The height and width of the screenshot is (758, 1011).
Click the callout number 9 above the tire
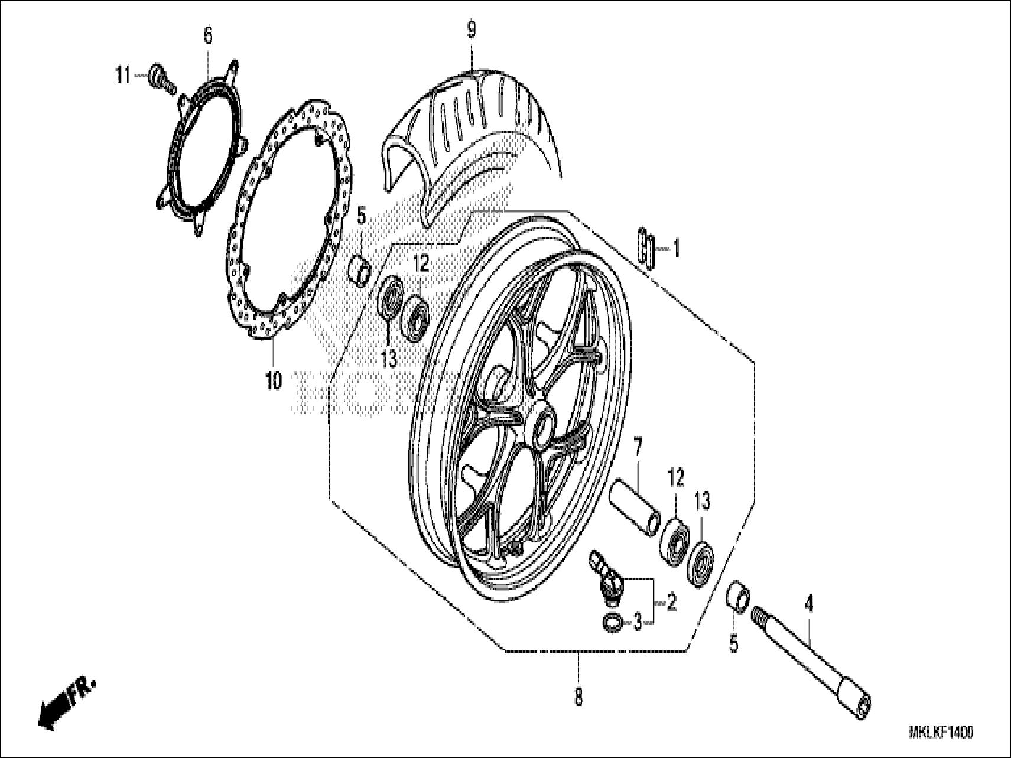pyautogui.click(x=471, y=30)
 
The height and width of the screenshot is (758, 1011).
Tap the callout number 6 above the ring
pyautogui.click(x=207, y=36)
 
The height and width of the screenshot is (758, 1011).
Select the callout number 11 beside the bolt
pyautogui.click(x=123, y=76)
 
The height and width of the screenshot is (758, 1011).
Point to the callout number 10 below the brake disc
pyautogui.click(x=274, y=381)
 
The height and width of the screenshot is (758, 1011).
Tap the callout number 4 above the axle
pyautogui.click(x=809, y=604)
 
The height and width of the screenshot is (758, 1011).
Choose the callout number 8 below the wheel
pyautogui.click(x=578, y=697)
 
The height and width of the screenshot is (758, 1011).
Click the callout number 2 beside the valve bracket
pyautogui.click(x=671, y=603)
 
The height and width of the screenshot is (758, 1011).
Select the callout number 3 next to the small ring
pyautogui.click(x=637, y=622)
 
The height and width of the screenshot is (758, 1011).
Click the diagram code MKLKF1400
pyautogui.click(x=941, y=733)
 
